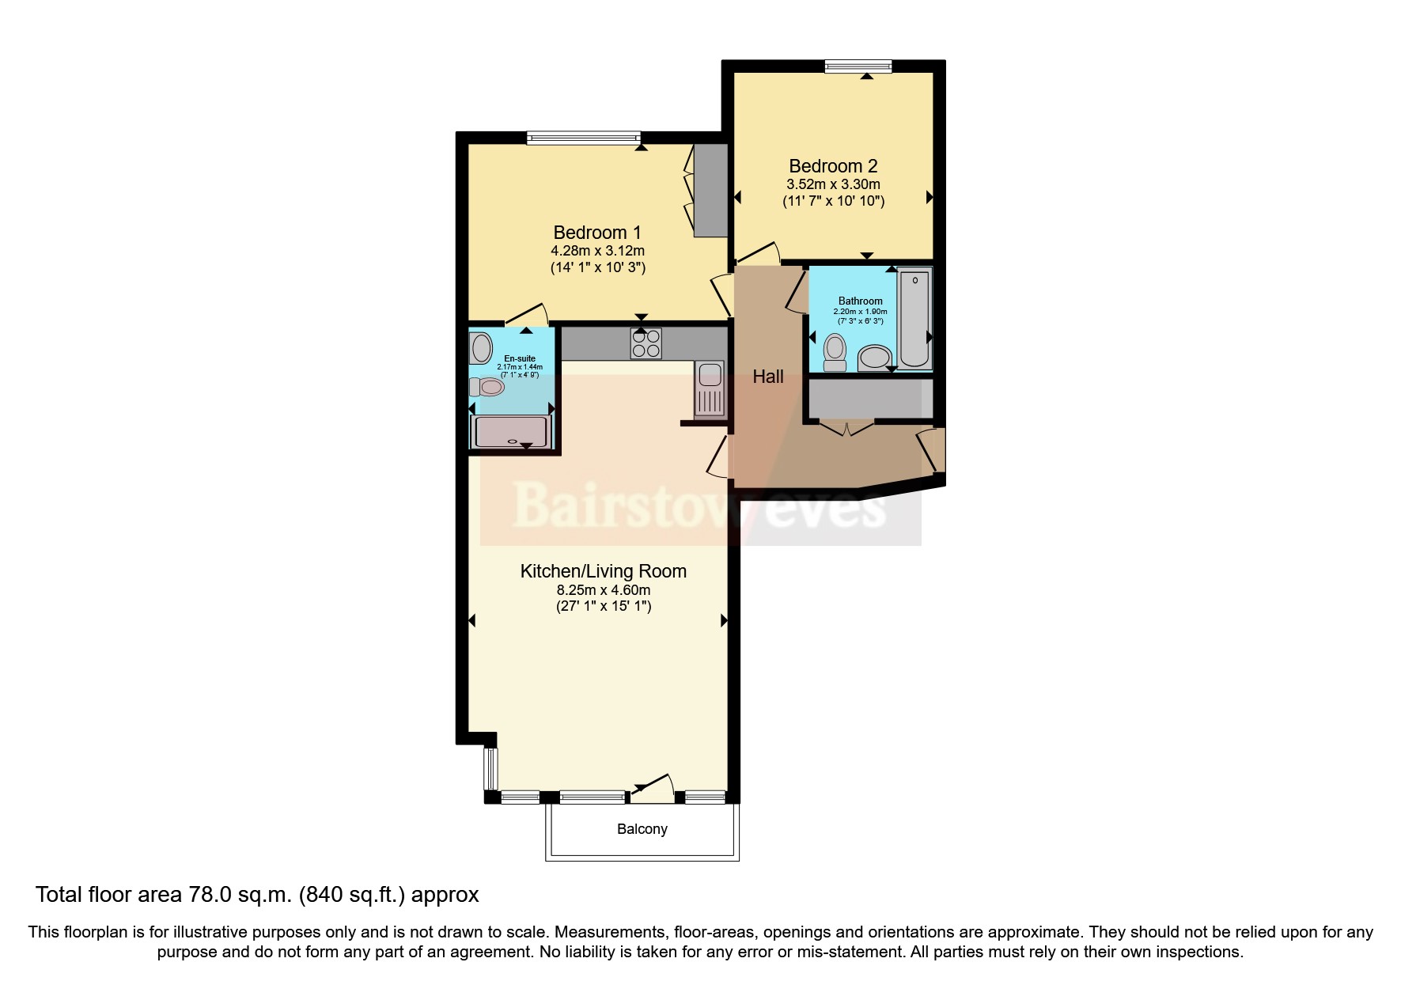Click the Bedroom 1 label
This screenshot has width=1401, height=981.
(597, 233)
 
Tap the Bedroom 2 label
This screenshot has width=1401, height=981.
(833, 166)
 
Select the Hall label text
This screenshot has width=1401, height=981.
(767, 377)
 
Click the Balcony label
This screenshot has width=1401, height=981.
(642, 829)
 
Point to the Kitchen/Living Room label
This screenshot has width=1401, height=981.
(603, 571)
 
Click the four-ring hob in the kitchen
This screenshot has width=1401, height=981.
(646, 343)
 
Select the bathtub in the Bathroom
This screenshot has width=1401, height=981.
(914, 318)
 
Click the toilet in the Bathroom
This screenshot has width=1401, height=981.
(835, 353)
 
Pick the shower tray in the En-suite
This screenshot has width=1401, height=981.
(509, 432)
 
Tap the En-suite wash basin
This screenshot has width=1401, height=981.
(480, 347)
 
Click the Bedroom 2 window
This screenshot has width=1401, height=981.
(858, 66)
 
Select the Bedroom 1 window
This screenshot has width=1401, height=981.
(584, 138)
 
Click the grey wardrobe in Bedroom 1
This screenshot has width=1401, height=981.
(710, 191)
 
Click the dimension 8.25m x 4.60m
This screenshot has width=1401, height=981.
(603, 590)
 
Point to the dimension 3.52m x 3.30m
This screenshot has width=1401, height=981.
(833, 184)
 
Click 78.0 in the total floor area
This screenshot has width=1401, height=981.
(210, 895)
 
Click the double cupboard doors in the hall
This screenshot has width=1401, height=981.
(846, 430)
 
